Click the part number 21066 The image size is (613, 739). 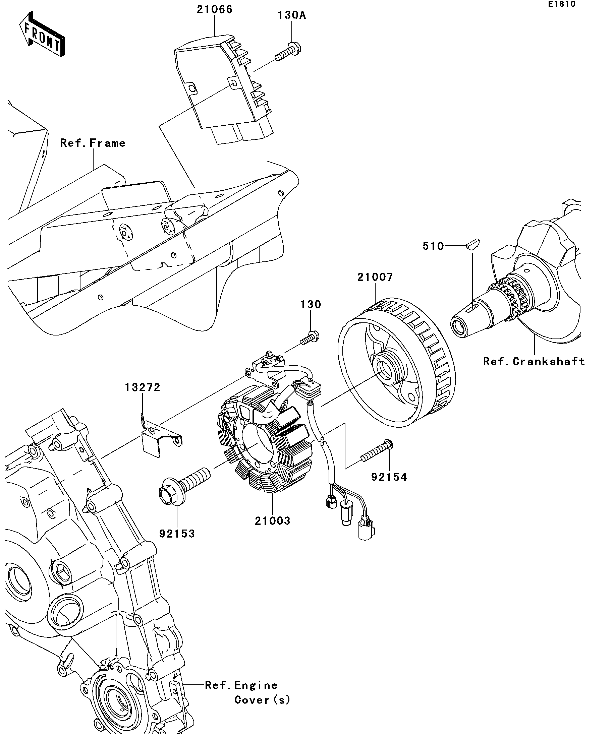click(214, 9)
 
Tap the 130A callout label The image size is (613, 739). click(291, 15)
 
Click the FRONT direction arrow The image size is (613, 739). click(42, 35)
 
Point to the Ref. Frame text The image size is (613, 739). click(93, 143)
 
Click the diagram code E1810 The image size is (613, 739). click(561, 4)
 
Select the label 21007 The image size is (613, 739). click(375, 277)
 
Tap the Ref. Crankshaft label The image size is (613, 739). click(534, 361)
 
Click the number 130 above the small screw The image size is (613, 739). click(311, 304)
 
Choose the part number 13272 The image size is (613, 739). click(143, 387)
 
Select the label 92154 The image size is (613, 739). click(389, 477)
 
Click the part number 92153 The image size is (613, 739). click(177, 534)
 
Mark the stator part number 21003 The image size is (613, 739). click(273, 521)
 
